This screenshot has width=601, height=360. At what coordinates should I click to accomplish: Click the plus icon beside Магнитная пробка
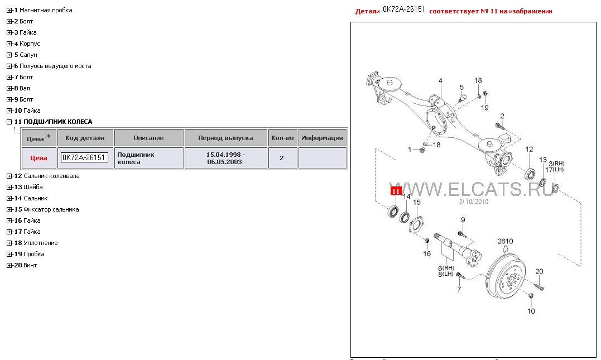pos(9,11)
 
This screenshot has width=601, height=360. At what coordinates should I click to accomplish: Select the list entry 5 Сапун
pos(26,55)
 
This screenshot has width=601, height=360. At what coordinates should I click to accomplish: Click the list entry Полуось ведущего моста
pos(55,66)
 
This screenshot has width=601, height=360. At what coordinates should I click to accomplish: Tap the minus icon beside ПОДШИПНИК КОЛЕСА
pos(9,122)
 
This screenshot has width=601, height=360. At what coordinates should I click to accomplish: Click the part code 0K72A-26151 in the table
pos(84,157)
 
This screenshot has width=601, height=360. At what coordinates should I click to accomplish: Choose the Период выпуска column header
pos(225,138)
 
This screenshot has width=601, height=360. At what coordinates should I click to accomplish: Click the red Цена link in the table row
pos(39,158)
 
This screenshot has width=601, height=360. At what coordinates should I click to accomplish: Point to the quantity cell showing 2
pos(282,158)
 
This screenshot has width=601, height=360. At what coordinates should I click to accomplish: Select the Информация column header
pos(322,138)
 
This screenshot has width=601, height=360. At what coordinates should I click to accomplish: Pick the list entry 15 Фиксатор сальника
pos(46,209)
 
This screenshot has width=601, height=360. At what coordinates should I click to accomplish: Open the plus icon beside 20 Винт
pos(9,265)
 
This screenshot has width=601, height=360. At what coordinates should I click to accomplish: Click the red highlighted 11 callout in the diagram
pos(396,191)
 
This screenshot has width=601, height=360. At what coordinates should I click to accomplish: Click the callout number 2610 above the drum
pos(505,241)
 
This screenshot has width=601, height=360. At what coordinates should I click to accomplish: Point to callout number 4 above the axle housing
pos(440,81)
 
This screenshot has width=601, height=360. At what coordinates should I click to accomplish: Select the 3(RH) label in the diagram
pos(556,164)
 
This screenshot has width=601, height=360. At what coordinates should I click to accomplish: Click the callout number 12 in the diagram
pos(530,150)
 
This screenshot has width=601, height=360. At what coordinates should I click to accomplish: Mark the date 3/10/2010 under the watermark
pos(474,201)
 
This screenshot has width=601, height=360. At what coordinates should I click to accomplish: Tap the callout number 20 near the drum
pos(539,271)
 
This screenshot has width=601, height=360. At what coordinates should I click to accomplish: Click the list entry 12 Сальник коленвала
pos(47,176)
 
